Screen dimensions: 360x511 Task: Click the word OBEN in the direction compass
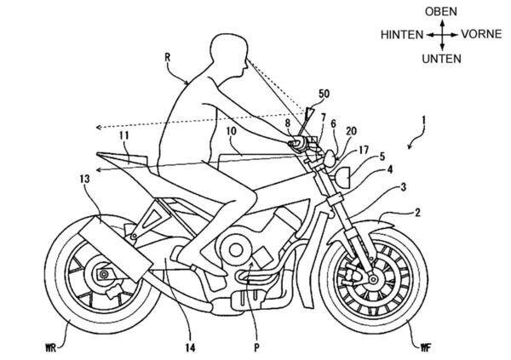click(x=441, y=11)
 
